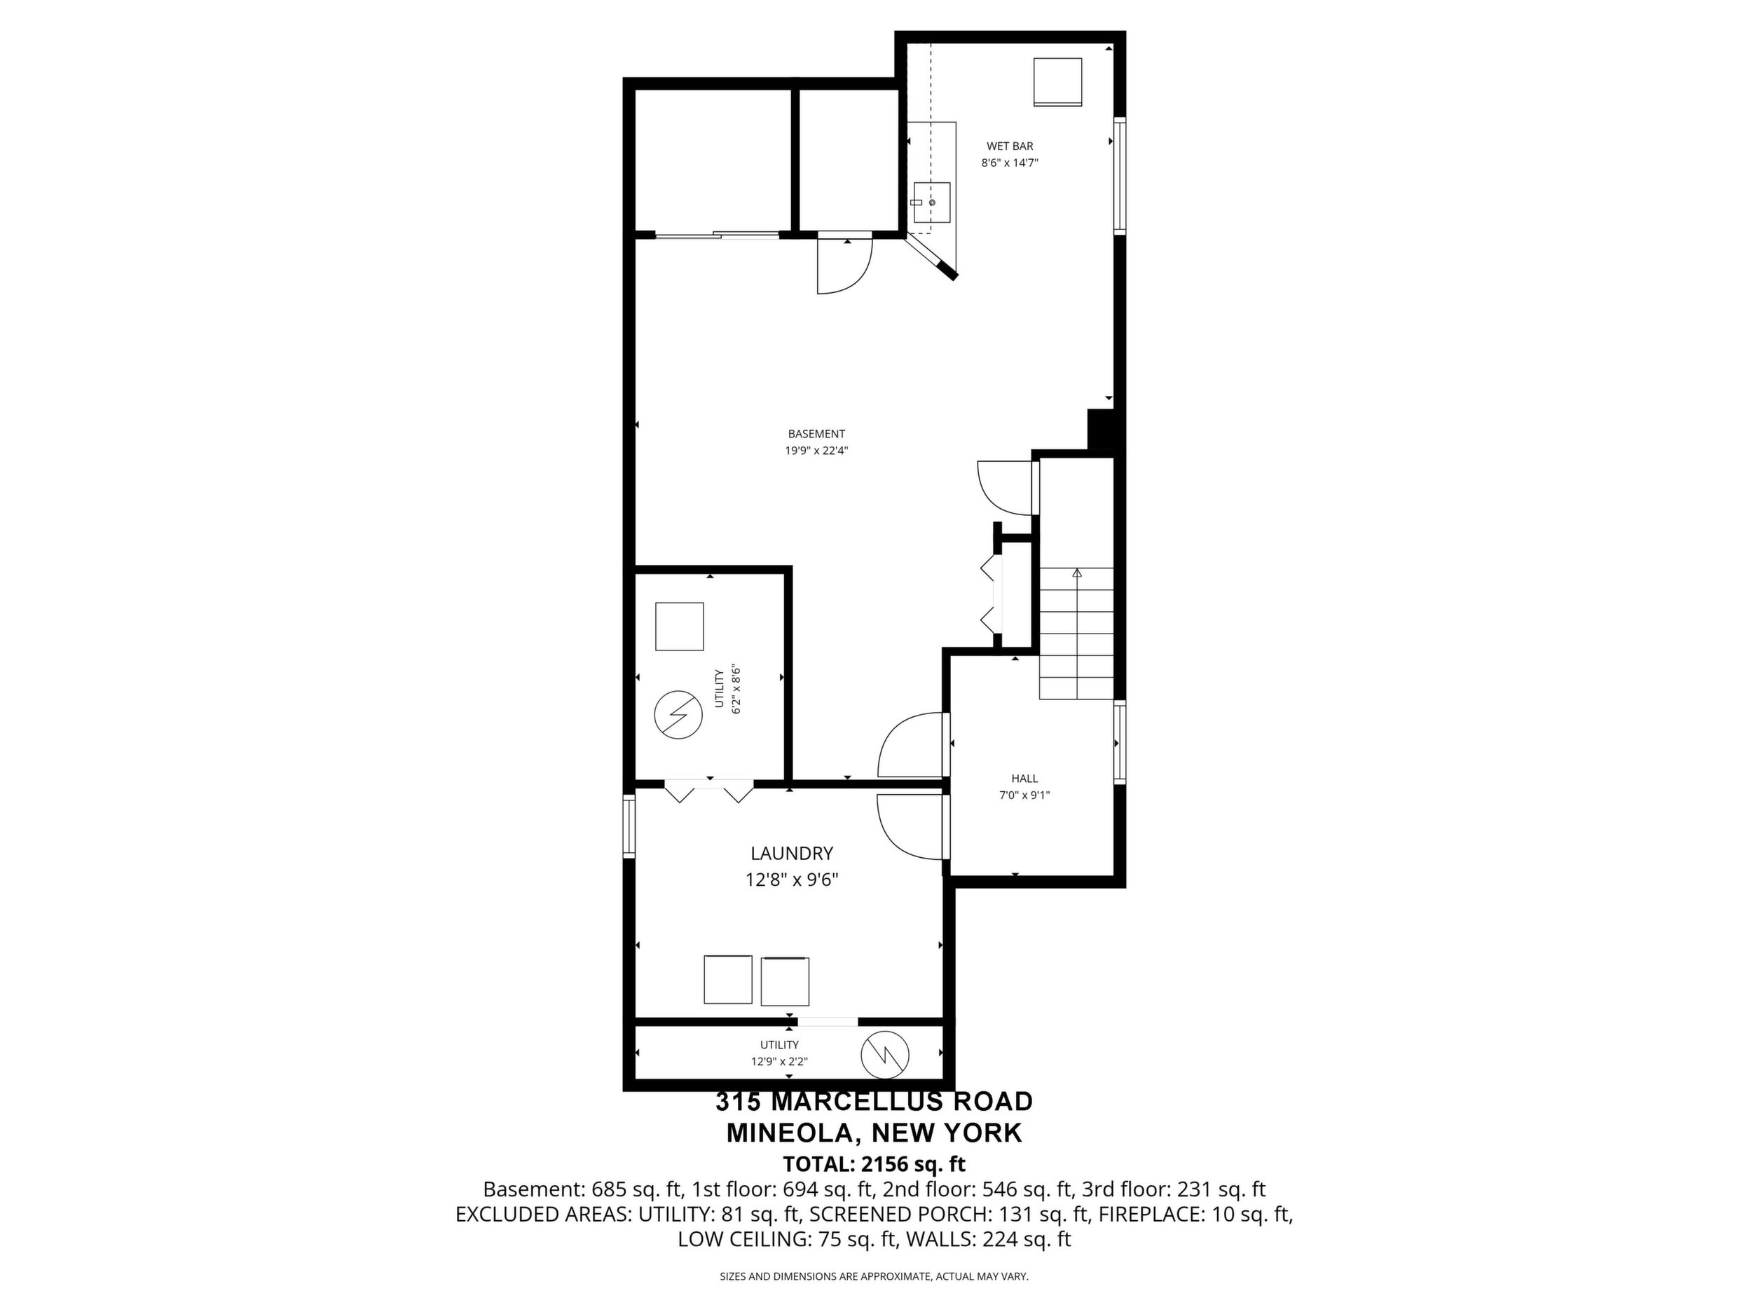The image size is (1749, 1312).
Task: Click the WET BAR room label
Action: [x=1010, y=146]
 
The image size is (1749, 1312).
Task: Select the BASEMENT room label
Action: [x=816, y=434]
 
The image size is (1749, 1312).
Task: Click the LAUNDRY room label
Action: [x=792, y=854]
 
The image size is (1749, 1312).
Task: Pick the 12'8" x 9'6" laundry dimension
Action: [x=792, y=880]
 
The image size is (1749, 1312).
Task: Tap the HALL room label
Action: [x=1024, y=779]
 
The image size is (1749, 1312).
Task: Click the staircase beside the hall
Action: [x=1076, y=634]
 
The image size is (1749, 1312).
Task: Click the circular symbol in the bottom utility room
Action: [x=885, y=1054]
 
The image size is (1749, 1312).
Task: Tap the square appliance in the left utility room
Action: [x=679, y=627]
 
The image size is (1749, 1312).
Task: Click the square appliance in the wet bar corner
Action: [x=1058, y=81]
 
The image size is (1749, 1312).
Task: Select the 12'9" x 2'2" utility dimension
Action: [x=780, y=1062]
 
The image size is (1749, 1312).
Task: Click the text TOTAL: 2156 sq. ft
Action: [x=874, y=1164]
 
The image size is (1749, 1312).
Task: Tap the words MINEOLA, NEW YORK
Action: [x=874, y=1133]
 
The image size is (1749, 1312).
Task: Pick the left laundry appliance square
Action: [x=727, y=980]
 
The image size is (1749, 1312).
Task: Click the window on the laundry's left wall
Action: [x=629, y=827]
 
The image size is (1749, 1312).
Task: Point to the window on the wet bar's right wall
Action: [x=1120, y=176]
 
